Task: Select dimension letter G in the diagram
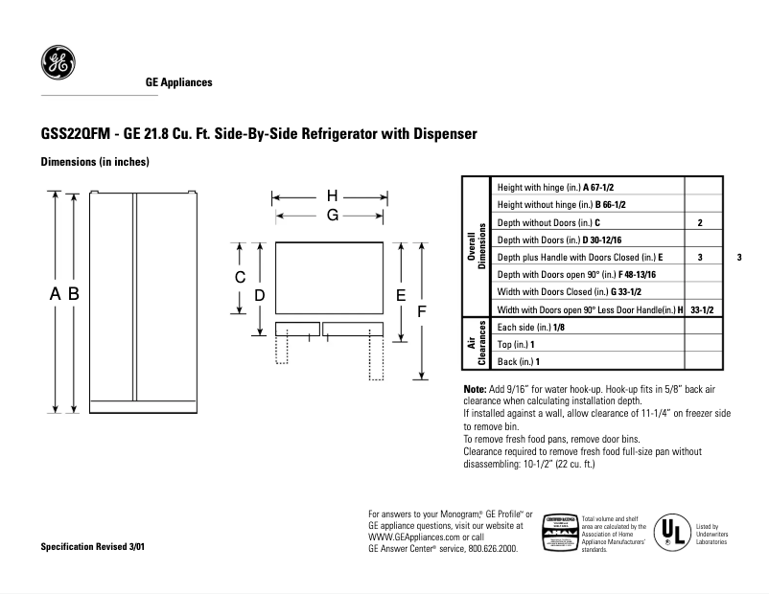pyautogui.click(x=332, y=216)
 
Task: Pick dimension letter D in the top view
pyautogui.click(x=259, y=296)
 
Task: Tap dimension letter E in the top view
pyautogui.click(x=402, y=296)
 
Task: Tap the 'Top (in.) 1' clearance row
pyautogui.click(x=517, y=344)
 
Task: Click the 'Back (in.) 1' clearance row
pyautogui.click(x=519, y=361)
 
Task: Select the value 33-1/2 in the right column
pyautogui.click(x=703, y=309)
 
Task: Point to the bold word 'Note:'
pyautogui.click(x=476, y=388)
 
